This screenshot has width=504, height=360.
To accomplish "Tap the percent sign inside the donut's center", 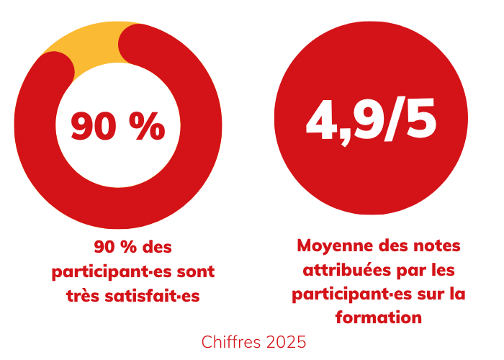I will point(148,126).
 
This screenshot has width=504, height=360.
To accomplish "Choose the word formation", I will point(378,317).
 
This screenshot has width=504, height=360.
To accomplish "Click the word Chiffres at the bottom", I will point(230,341).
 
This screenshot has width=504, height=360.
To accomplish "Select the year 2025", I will point(284,341).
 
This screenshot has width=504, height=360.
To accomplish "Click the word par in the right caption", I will point(417,270).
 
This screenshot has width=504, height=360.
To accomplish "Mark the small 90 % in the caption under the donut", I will point(116,248).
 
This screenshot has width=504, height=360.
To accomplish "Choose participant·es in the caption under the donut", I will point(111,272).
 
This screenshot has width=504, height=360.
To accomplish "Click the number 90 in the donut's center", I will point(94,126).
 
